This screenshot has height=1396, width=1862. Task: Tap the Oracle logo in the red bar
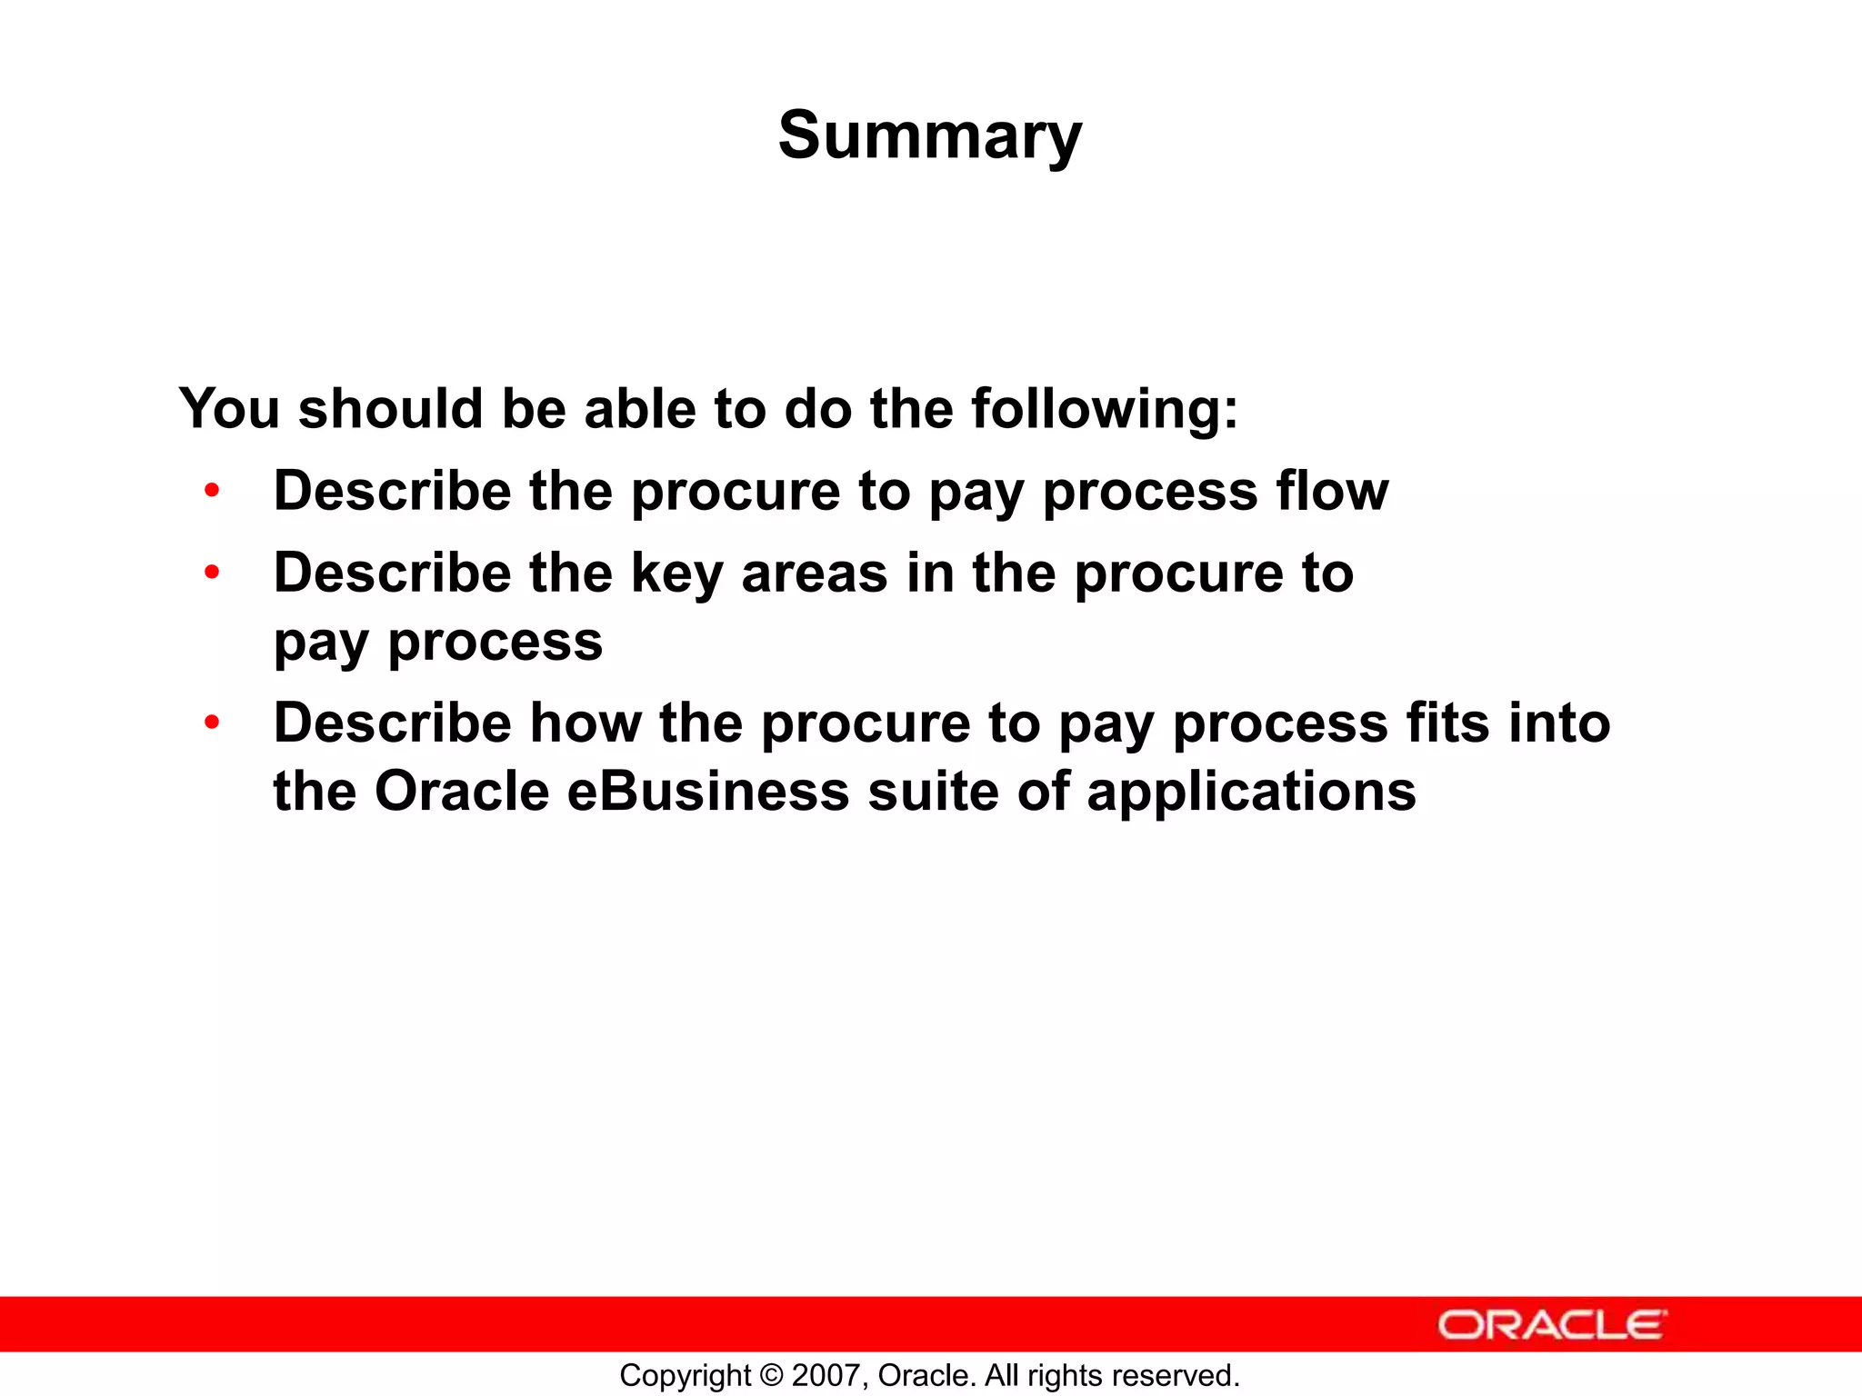(x=1552, y=1325)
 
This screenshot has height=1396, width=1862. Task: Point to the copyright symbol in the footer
(x=771, y=1376)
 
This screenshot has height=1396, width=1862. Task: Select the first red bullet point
(x=212, y=492)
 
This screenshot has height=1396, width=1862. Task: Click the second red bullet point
(x=212, y=573)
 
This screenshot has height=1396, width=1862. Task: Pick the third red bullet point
(x=212, y=723)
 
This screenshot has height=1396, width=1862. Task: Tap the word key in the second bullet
(x=676, y=575)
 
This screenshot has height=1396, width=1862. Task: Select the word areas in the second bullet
(x=814, y=574)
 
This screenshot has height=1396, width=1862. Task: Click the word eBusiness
(x=708, y=792)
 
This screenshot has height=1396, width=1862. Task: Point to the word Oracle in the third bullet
(x=462, y=792)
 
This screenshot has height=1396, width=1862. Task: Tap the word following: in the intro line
(x=1104, y=410)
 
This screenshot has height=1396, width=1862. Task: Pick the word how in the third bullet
(x=586, y=723)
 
